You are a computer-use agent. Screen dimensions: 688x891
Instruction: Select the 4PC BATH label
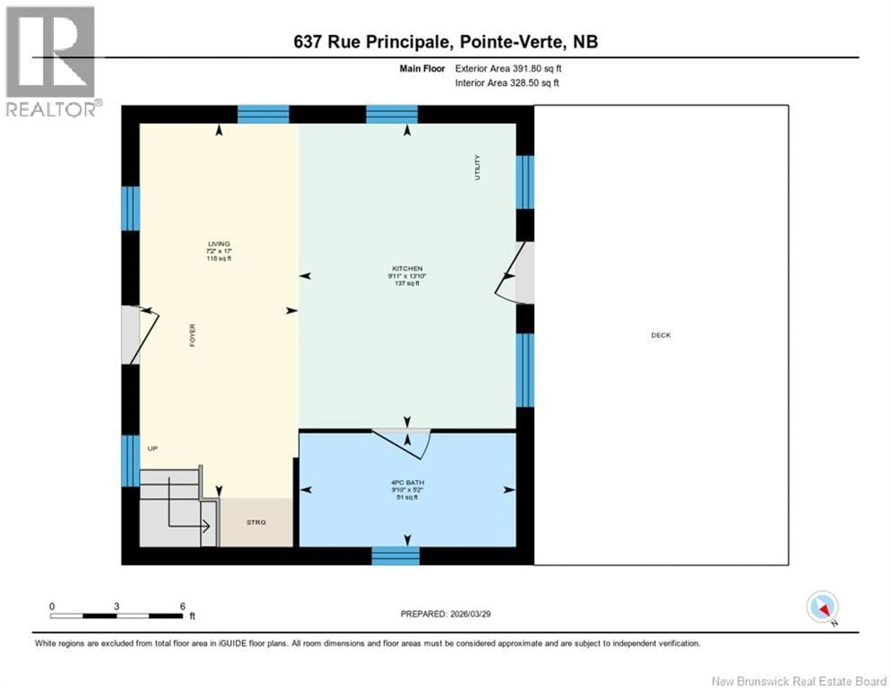pyautogui.click(x=407, y=483)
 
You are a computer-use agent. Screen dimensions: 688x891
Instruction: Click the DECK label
pyautogui.click(x=661, y=335)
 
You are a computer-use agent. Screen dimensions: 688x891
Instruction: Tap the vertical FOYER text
pyautogui.click(x=192, y=335)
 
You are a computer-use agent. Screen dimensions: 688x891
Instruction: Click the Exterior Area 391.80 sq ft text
pyautogui.click(x=508, y=68)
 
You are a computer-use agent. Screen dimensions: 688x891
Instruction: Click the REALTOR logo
pyautogui.click(x=51, y=61)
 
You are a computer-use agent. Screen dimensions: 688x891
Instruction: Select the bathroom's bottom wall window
pyautogui.click(x=395, y=556)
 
